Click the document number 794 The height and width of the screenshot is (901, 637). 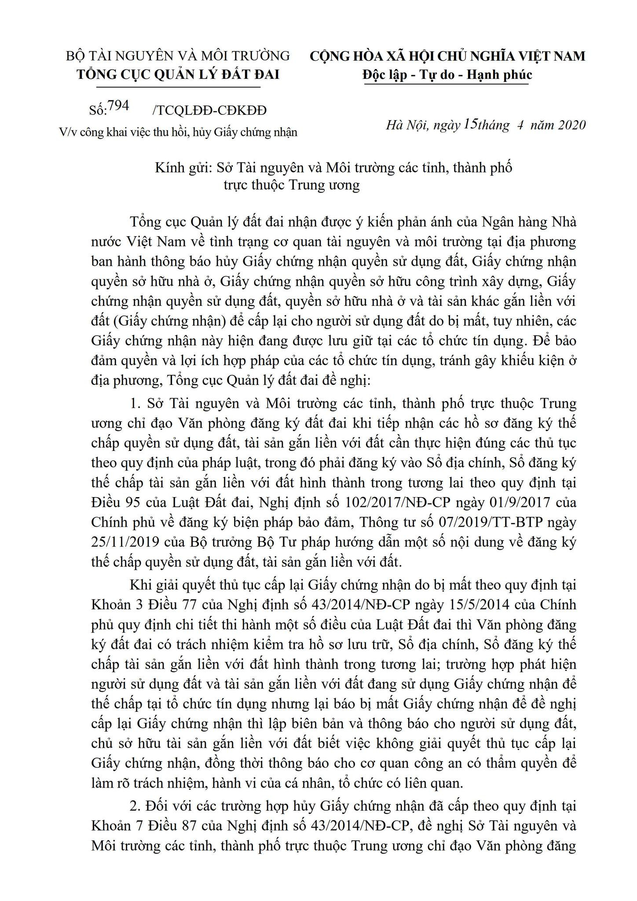point(118,106)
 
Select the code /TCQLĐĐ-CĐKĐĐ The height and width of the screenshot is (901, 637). point(209,110)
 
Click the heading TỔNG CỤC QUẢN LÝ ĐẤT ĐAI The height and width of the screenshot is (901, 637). point(178,74)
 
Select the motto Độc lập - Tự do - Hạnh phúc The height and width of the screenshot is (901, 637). point(447,74)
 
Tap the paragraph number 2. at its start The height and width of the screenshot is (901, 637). point(135,806)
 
